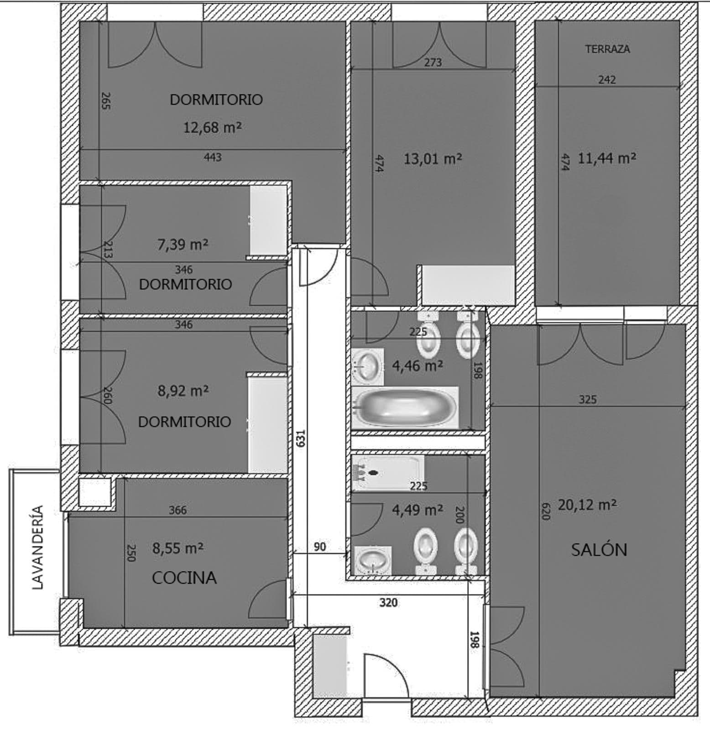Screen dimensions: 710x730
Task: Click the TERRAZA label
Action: coord(607,49)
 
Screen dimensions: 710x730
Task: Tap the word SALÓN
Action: coord(599,549)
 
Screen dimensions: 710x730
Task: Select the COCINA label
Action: coord(184,578)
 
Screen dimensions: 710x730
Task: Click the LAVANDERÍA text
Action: coord(38,547)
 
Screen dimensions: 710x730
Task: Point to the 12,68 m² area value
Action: coord(212,127)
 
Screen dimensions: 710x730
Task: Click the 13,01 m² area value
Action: coord(433,159)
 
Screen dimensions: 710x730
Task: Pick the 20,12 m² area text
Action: coord(587,505)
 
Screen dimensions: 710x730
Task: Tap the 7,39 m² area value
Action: coord(183,245)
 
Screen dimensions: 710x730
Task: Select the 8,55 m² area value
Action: coord(178,548)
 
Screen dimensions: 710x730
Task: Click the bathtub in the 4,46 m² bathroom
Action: coord(405,407)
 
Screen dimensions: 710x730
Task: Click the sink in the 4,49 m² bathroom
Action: coord(373,558)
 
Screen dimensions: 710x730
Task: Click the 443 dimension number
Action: coord(213,157)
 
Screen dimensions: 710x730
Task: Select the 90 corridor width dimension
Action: coord(320,546)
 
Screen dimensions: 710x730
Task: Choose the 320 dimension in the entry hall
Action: coord(388,603)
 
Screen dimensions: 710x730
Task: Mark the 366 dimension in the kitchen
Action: coord(177,510)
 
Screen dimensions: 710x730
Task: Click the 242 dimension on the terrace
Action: coord(607,80)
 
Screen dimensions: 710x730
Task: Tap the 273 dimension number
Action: coord(433,62)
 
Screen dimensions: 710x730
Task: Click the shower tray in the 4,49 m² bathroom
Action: coord(388,473)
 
